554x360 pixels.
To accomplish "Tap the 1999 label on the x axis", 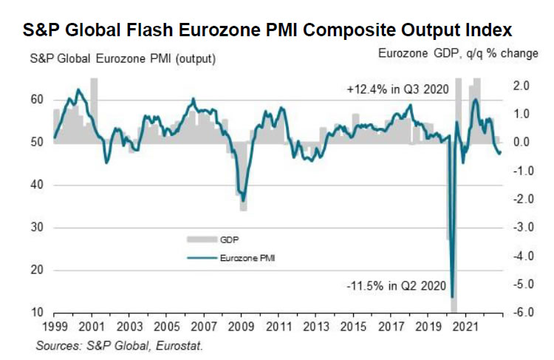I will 54,326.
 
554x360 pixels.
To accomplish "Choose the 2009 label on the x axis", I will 242,326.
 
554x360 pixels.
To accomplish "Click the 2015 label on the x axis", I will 354,326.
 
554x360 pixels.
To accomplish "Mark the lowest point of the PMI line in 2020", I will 452,296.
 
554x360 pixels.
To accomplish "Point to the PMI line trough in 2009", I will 243,200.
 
